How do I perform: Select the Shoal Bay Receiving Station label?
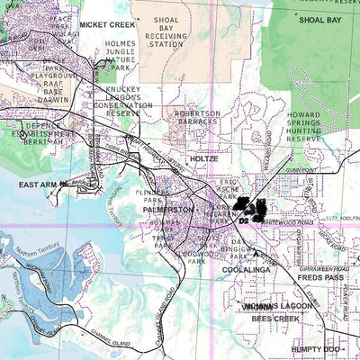[x=171, y=31]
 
